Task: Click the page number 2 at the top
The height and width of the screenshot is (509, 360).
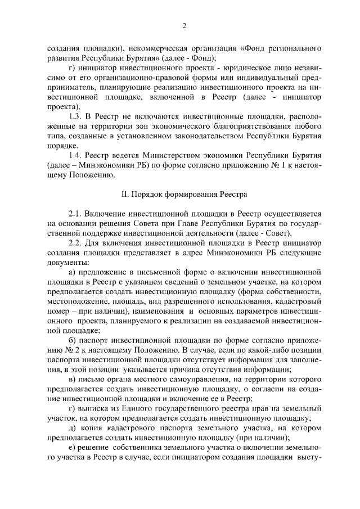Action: pos(184,25)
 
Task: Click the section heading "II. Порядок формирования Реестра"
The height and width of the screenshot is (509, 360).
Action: pos(184,194)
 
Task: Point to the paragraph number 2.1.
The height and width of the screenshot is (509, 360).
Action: pos(76,214)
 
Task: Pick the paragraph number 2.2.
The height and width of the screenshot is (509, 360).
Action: pos(76,243)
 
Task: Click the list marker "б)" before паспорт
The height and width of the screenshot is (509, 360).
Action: pos(72,340)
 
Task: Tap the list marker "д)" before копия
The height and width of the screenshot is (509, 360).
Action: pos(72,428)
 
